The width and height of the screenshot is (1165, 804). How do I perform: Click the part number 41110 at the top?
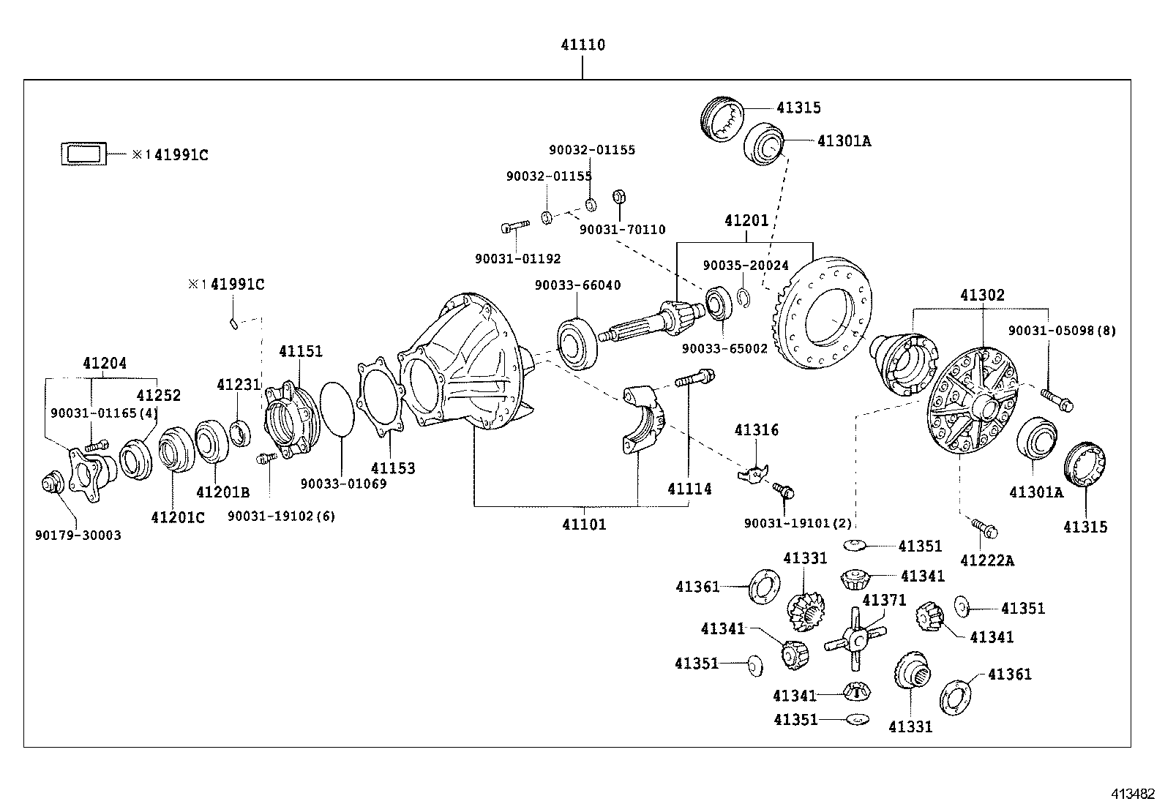(x=582, y=45)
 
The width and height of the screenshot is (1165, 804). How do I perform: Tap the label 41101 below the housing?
(x=584, y=525)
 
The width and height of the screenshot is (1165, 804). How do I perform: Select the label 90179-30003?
(x=78, y=536)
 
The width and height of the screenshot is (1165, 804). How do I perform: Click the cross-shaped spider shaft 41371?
(x=855, y=639)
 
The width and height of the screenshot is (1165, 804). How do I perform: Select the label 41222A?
(x=987, y=560)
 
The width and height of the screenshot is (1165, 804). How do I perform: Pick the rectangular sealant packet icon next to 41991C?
(x=83, y=154)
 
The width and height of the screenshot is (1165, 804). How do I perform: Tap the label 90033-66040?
(x=577, y=285)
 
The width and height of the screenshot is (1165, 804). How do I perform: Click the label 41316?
(x=757, y=430)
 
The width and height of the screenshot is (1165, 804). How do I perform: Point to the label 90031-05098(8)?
(x=1062, y=331)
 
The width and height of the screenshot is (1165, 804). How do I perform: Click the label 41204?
(x=104, y=363)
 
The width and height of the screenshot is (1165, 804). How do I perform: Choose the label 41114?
(x=689, y=489)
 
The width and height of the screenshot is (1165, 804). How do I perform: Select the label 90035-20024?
(x=746, y=266)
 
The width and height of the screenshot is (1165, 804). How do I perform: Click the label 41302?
(x=982, y=296)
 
